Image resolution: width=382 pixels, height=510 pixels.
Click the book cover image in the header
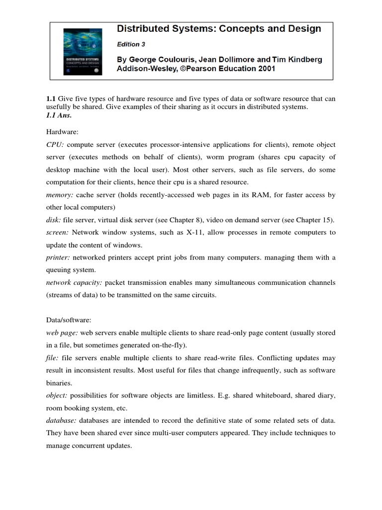click(82, 51)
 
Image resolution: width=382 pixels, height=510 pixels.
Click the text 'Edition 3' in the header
click(131, 44)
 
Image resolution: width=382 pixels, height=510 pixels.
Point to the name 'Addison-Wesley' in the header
click(143, 69)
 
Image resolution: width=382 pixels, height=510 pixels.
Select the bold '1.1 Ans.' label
click(58, 115)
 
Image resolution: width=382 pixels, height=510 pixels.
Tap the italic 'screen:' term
click(57, 233)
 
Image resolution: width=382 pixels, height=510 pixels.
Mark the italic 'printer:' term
click(58, 257)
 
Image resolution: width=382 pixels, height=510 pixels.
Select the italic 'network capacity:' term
click(74, 282)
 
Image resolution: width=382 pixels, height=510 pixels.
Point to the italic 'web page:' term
click(62, 333)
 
